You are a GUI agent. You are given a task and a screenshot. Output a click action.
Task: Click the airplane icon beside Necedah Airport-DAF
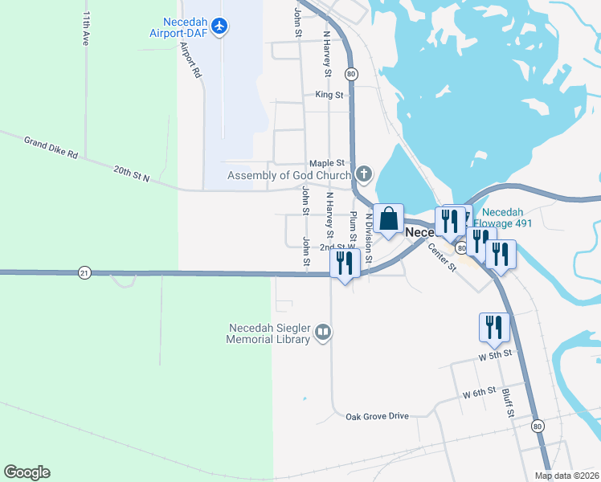pyautogui.click(x=221, y=27)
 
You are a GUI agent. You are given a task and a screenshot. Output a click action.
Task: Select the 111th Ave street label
pyautogui.click(x=85, y=29)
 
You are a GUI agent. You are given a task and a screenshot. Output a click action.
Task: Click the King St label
pyautogui.click(x=329, y=95)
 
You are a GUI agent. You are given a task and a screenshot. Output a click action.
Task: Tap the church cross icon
pyautogui.click(x=364, y=174)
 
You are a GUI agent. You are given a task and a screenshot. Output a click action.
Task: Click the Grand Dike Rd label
pyautogui.click(x=51, y=148)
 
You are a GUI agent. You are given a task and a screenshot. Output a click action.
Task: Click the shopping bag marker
pyautogui.click(x=388, y=219)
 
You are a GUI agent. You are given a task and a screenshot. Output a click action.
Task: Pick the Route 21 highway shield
pyautogui.click(x=85, y=273)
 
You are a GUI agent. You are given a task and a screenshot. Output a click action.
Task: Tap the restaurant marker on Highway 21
pyautogui.click(x=345, y=263)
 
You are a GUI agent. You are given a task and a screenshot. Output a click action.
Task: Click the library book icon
pyautogui.click(x=323, y=332)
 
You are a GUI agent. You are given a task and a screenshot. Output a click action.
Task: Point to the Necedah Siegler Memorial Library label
pyautogui.click(x=269, y=333)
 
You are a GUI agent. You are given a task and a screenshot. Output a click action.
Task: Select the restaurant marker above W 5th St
pyautogui.click(x=494, y=327)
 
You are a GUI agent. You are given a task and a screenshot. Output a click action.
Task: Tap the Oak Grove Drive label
pyautogui.click(x=377, y=416)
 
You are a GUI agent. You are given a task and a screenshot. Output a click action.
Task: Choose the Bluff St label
pyautogui.click(x=509, y=404)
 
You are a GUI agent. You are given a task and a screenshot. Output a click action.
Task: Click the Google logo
pyautogui.click(x=27, y=472)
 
